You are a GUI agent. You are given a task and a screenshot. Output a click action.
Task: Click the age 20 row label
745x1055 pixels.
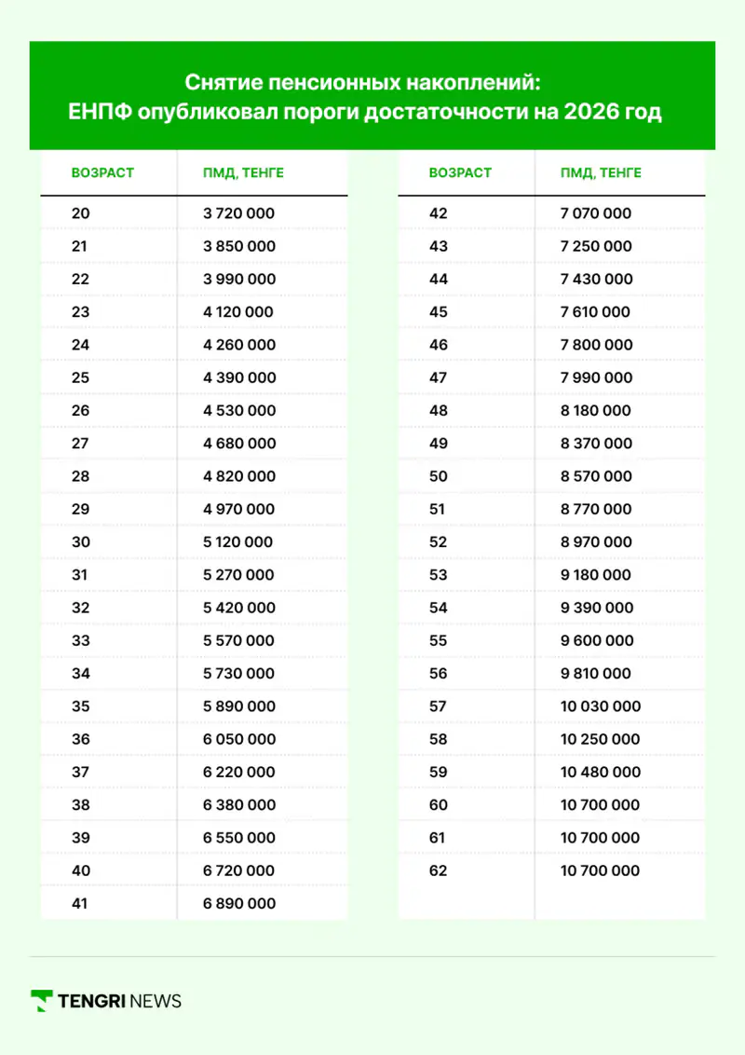click(81, 213)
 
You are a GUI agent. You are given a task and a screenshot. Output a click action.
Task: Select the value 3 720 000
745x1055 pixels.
click(238, 213)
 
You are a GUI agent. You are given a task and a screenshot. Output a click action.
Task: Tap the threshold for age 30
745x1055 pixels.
click(237, 542)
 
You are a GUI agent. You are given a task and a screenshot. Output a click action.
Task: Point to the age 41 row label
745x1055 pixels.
click(80, 903)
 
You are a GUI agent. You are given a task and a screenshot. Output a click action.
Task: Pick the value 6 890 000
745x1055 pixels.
click(238, 903)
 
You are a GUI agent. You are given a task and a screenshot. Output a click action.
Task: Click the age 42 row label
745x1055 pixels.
click(438, 213)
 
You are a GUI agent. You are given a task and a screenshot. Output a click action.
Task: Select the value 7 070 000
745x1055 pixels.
click(596, 213)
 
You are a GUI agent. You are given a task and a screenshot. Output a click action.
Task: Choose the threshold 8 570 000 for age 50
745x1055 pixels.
click(596, 476)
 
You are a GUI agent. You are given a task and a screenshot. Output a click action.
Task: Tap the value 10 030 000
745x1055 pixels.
click(601, 706)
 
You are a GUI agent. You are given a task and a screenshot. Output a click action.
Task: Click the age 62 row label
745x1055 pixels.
click(438, 870)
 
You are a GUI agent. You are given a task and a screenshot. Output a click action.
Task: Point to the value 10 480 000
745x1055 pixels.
click(601, 772)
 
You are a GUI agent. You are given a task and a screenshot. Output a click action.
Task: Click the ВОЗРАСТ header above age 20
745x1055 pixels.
click(102, 173)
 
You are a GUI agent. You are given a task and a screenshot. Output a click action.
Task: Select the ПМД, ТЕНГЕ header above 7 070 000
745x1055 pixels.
click(601, 173)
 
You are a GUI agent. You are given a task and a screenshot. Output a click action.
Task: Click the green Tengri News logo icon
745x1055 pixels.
click(41, 1001)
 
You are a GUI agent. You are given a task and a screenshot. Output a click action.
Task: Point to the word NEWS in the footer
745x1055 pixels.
click(156, 1002)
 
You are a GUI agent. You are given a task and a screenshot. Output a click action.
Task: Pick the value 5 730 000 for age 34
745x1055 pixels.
click(238, 674)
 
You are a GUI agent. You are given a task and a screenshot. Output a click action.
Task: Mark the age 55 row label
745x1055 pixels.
click(438, 641)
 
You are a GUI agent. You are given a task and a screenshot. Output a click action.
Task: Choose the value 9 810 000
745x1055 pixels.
click(596, 674)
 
